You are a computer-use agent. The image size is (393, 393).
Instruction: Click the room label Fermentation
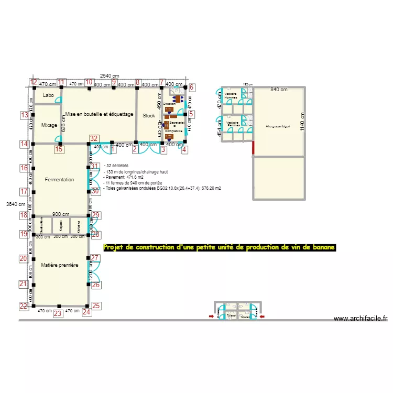59,180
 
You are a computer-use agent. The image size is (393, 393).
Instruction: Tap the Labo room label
49,95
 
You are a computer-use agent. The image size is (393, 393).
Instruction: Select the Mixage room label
49,125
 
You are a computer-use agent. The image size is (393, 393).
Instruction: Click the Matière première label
60,265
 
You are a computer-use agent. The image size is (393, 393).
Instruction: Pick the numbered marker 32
94,138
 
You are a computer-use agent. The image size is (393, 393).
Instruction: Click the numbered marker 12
34,82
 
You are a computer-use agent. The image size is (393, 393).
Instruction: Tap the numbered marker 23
58,314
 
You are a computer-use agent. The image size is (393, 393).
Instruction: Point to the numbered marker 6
192,88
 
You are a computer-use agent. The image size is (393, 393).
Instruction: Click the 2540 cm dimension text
110,76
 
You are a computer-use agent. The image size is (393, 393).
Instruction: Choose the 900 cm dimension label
61,214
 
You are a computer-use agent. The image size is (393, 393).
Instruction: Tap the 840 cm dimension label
279,90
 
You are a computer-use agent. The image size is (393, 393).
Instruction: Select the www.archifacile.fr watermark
360,318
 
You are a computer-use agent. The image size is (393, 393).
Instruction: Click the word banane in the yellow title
321,247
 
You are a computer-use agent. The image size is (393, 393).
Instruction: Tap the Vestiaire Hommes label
231,96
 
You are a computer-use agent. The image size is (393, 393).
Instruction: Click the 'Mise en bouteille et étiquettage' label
99,114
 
